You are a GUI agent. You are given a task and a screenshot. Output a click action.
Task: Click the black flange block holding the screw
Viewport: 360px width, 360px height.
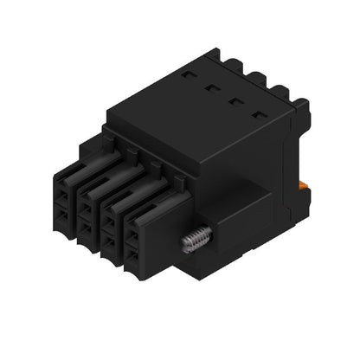(223, 227)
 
